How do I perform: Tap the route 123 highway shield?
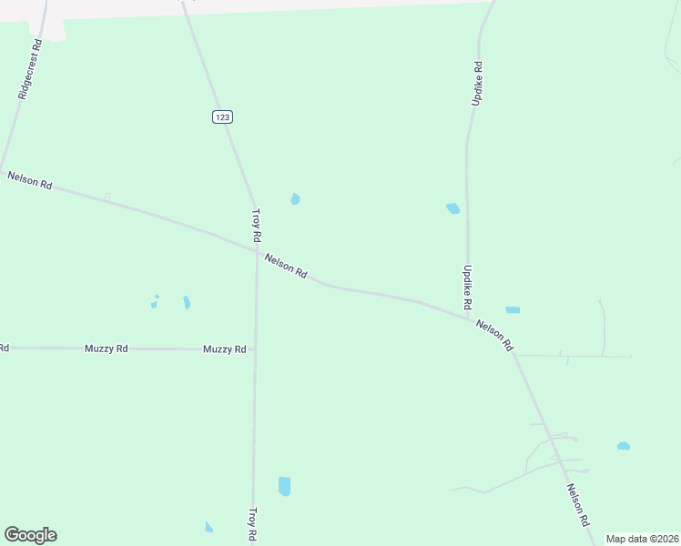tap(223, 116)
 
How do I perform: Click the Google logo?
tap(30, 535)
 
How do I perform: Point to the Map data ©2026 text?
tap(641, 539)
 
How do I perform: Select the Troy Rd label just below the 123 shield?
tap(257, 225)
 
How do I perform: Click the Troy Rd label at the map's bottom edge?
tap(254, 525)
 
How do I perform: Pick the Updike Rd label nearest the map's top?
tap(476, 84)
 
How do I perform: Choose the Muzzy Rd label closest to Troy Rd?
tap(225, 349)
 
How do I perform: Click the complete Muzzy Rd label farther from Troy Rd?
tap(107, 349)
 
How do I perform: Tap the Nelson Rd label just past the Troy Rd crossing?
tap(287, 267)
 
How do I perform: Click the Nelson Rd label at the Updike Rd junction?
tap(494, 335)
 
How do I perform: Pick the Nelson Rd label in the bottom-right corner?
tap(577, 505)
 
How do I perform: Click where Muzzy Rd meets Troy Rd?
tap(255, 349)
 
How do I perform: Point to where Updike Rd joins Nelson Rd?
tap(469, 318)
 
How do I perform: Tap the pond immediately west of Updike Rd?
tap(452, 208)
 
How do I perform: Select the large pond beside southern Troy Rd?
tap(284, 486)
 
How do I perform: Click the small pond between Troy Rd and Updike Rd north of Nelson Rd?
tap(295, 199)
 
